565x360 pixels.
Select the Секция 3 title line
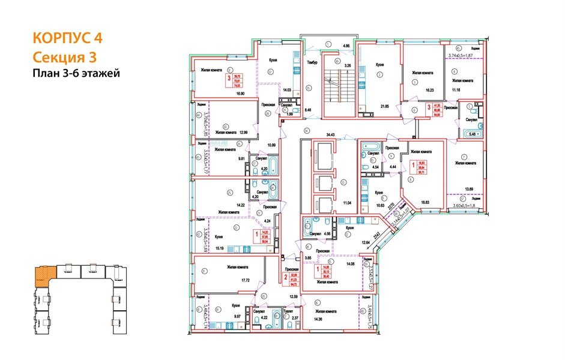64,57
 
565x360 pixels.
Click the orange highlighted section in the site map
44,275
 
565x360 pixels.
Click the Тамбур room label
312,62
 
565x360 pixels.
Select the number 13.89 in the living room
470,189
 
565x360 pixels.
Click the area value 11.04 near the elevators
346,205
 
